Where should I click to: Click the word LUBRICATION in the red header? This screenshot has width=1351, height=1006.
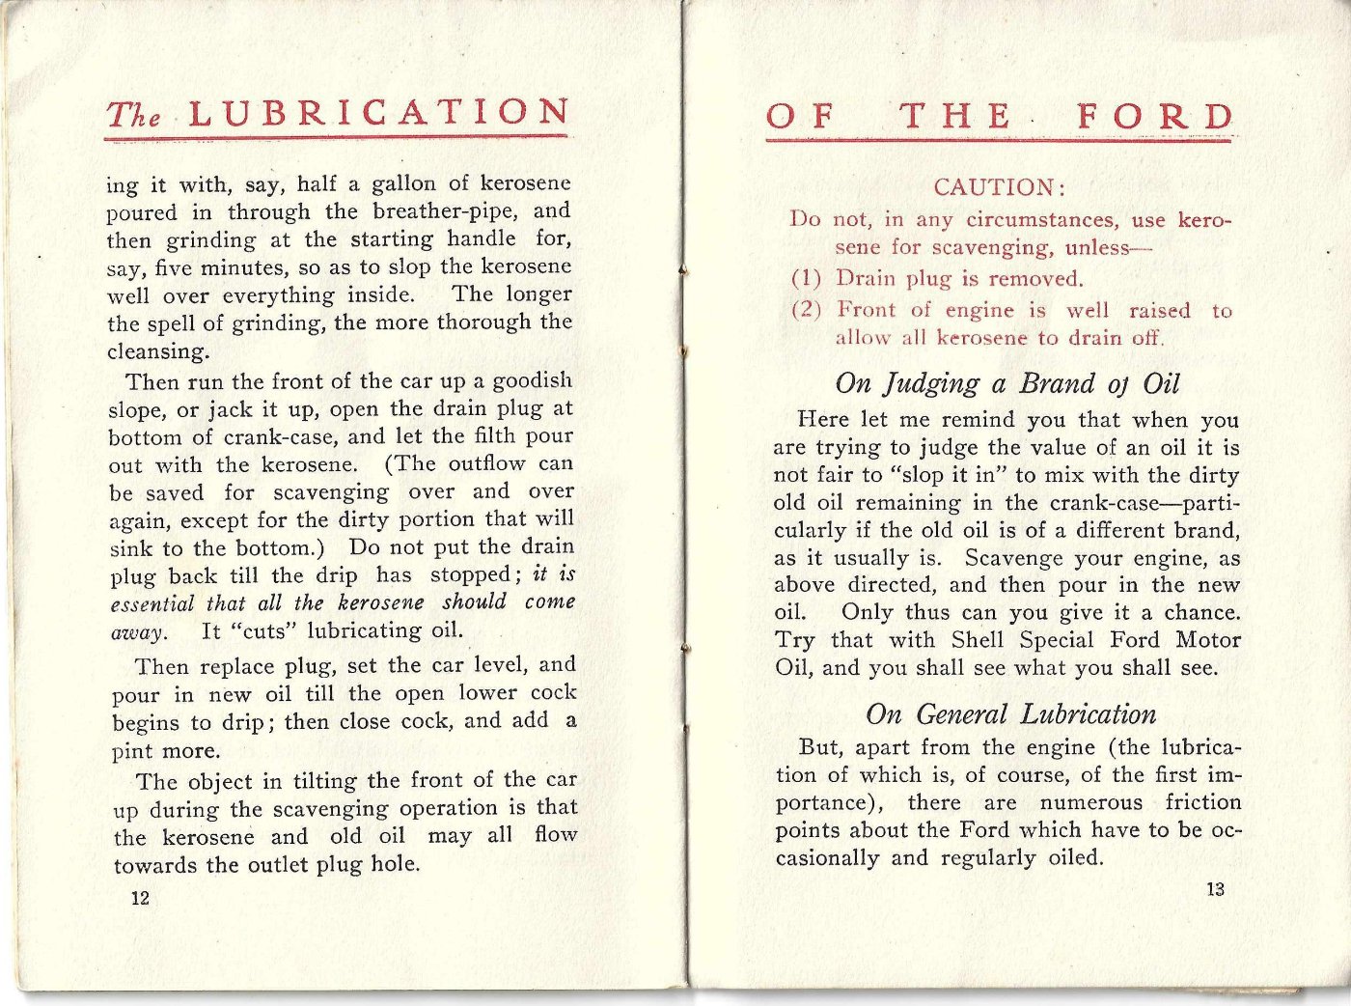378,113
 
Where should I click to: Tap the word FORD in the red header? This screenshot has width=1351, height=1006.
1155,117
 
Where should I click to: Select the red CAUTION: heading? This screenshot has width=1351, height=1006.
999,187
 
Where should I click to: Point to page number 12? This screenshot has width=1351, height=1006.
140,898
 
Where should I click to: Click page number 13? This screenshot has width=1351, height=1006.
1215,889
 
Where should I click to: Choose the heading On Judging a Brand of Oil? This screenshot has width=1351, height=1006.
1006,383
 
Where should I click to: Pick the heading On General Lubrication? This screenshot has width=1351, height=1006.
1010,714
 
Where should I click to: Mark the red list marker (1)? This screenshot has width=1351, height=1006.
806,279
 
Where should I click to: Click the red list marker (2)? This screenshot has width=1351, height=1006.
806,310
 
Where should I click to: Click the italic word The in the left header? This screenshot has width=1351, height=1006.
133,115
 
